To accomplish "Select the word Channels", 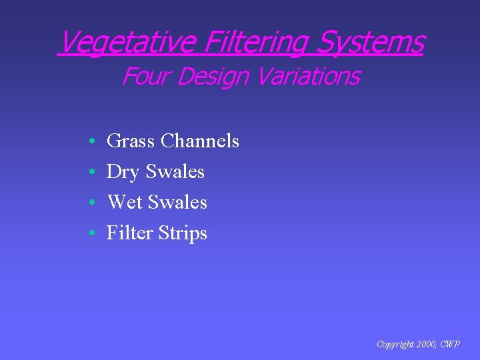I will pyautogui.click(x=200, y=141).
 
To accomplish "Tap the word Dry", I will pyautogui.click(x=123, y=172).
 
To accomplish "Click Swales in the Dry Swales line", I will pyautogui.click(x=175, y=172).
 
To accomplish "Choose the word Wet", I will pyautogui.click(x=125, y=203).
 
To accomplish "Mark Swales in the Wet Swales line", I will pyautogui.click(x=177, y=203).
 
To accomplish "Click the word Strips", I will pyautogui.click(x=183, y=233).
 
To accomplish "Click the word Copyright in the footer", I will pyautogui.click(x=395, y=345).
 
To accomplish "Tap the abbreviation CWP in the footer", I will pyautogui.click(x=451, y=345).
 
